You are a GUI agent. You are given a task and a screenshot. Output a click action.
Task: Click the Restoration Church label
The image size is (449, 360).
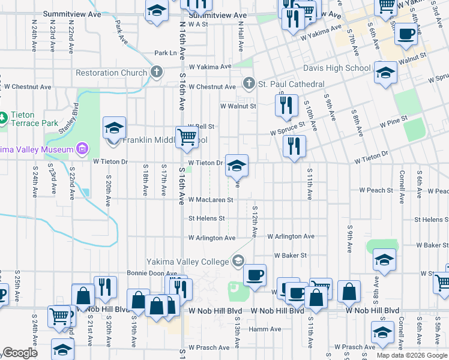[111, 73]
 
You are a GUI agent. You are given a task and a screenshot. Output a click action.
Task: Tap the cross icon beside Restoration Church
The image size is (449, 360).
[156, 73]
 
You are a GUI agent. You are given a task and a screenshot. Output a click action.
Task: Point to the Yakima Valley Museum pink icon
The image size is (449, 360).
[82, 149]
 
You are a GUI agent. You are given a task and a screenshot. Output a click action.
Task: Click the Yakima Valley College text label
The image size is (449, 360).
[188, 261]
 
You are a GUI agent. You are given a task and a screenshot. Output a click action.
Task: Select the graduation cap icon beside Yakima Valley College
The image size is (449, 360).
[238, 260]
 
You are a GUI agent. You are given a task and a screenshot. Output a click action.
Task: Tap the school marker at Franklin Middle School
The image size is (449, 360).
[114, 128]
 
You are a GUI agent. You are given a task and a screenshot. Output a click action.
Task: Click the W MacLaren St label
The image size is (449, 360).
[211, 199]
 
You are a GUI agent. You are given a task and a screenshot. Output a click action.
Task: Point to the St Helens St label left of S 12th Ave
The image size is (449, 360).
[207, 218]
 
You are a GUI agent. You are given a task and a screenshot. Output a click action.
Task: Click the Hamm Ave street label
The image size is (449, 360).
[265, 329]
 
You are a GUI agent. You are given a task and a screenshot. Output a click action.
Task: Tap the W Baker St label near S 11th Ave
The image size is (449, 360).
[291, 255]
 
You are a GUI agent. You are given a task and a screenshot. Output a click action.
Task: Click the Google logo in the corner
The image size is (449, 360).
[19, 353]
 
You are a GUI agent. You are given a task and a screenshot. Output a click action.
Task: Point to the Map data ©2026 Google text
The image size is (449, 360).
[412, 355]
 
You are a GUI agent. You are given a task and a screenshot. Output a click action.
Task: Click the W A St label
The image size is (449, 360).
[197, 25]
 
